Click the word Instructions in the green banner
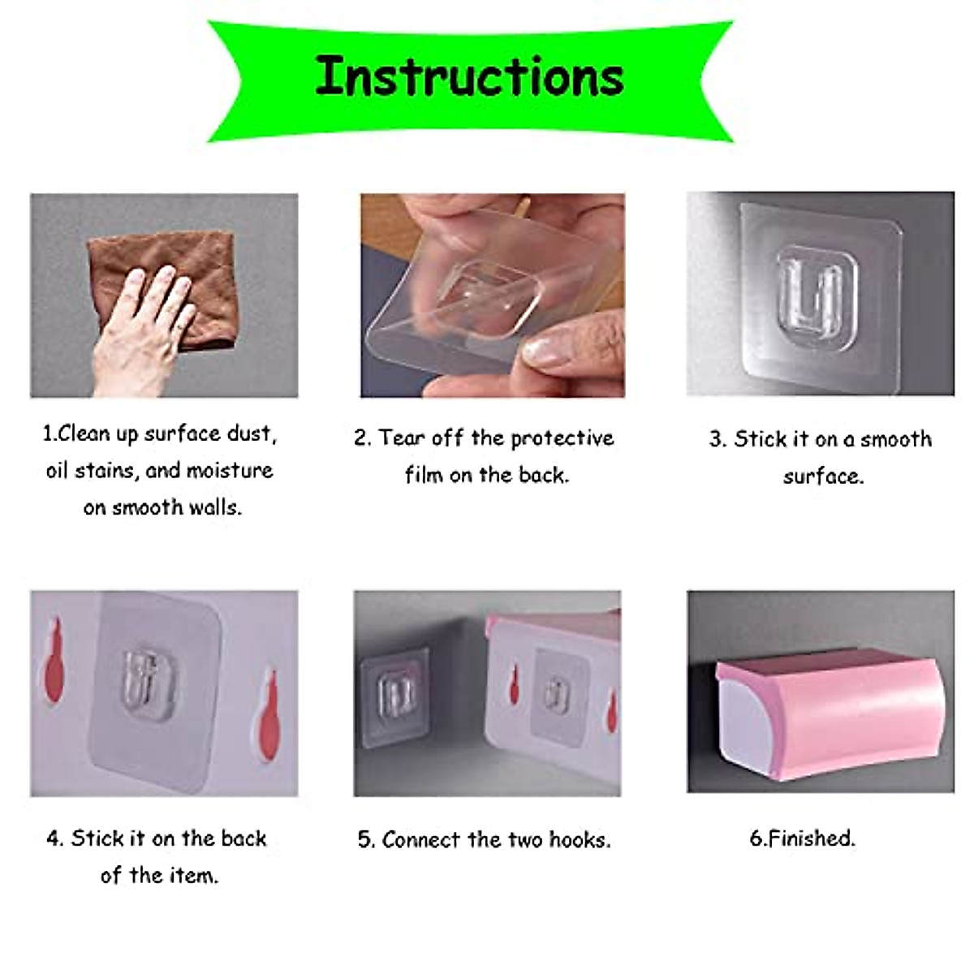tap(469, 76)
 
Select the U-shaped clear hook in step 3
tap(816, 296)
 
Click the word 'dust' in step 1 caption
tap(252, 434)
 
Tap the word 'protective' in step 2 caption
tap(562, 438)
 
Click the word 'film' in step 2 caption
tap(424, 475)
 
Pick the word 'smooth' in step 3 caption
tap(896, 440)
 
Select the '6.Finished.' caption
tap(802, 838)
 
